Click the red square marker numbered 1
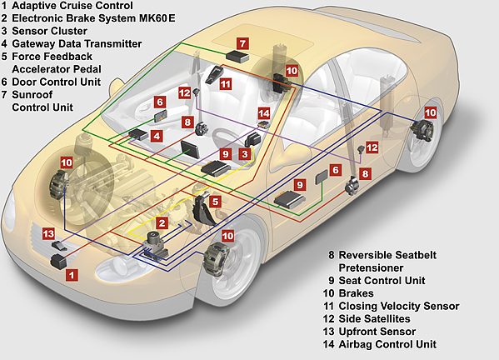(72, 273)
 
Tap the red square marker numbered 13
(49, 233)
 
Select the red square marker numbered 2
(162, 223)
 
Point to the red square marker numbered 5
(215, 201)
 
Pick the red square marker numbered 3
(245, 154)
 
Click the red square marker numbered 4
(157, 135)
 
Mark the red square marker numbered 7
(242, 42)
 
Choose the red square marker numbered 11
(225, 84)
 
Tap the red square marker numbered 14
(264, 112)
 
